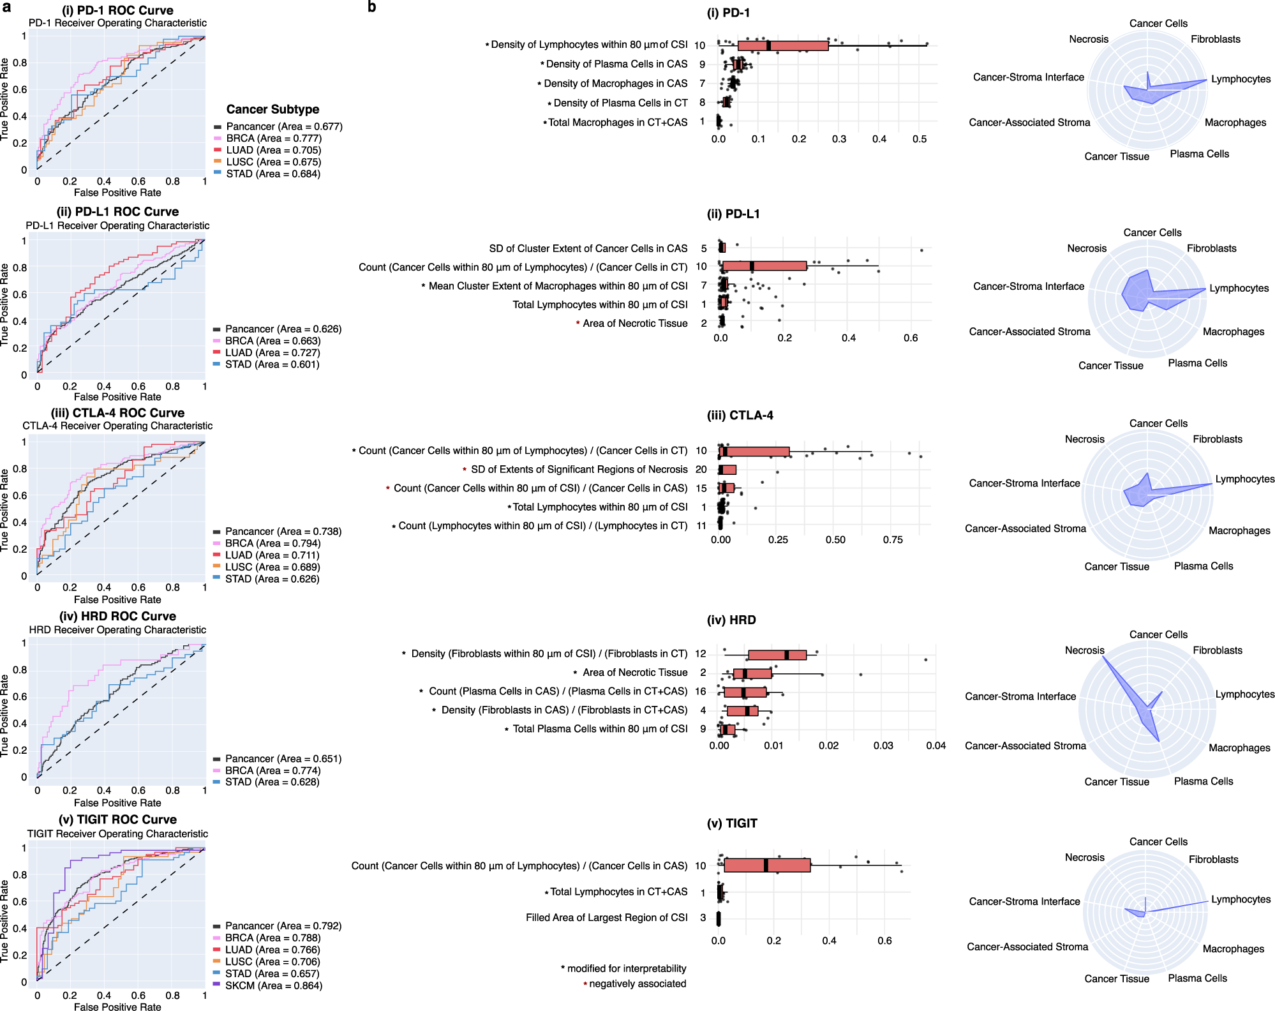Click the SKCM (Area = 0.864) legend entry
[273, 985]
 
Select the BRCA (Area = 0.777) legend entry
[273, 139]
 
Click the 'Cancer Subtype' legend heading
[272, 109]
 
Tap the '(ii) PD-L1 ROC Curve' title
[117, 212]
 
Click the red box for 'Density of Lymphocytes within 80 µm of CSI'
[782, 45]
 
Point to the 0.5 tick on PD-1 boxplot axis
[920, 139]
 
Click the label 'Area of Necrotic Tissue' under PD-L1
[634, 324]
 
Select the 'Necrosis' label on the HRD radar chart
[1084, 650]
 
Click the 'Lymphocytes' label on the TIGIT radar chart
[1241, 899]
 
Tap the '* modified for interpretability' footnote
[624, 968]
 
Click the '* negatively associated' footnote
[636, 984]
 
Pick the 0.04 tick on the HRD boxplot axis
[936, 745]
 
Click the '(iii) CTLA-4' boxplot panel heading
[740, 416]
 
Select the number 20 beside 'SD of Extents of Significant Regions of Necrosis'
[701, 470]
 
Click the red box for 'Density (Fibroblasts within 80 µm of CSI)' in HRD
[777, 655]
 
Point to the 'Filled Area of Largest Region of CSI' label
[606, 918]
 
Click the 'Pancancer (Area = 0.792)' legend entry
[283, 926]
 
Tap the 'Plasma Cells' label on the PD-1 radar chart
[1199, 154]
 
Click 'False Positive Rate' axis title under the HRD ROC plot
[117, 803]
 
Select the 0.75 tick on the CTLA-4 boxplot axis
[892, 540]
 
